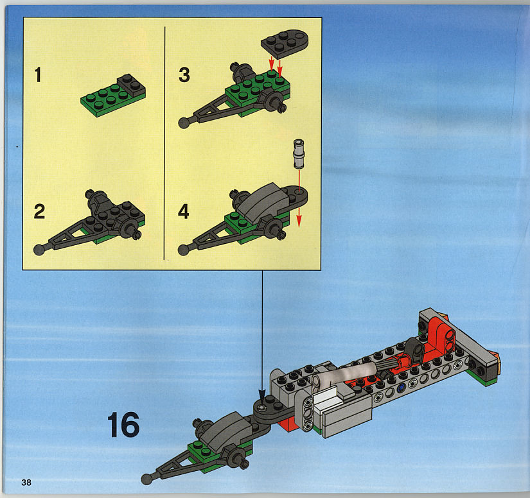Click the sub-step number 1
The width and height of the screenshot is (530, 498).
tap(38, 74)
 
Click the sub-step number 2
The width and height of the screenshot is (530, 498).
tap(40, 211)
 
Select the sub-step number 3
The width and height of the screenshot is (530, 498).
tap(184, 74)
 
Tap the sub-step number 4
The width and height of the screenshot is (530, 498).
tap(184, 211)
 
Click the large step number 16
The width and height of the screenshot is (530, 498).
tap(123, 424)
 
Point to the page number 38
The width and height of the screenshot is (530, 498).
tap(26, 483)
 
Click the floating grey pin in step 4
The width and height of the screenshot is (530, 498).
tap(299, 153)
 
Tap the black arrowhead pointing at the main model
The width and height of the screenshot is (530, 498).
tap(262, 397)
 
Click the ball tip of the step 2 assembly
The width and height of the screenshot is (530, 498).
tap(39, 250)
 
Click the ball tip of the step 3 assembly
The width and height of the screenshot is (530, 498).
tap(184, 123)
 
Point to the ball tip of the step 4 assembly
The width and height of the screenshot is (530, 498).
tap(183, 250)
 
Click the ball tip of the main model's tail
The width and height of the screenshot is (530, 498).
tap(146, 479)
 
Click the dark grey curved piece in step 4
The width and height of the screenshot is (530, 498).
tap(261, 200)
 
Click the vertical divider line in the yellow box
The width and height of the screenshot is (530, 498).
tap(164, 143)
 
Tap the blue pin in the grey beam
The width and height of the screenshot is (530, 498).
tap(401, 388)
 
